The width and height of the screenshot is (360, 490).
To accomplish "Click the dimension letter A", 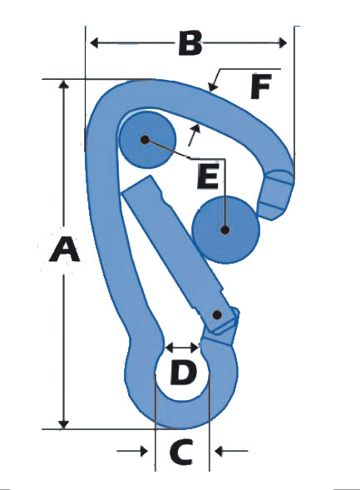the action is click(65, 250).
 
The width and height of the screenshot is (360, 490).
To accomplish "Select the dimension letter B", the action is click(190, 42).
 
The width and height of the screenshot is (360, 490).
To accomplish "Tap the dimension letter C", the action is click(181, 451).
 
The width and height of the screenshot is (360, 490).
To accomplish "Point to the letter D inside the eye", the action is click(184, 372).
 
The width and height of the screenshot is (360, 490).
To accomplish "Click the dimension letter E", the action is click(208, 177).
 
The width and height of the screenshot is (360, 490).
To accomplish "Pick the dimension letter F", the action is click(261, 87).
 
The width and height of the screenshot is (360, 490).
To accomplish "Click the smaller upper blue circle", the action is click(148, 140).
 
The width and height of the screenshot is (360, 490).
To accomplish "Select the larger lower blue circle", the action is click(225, 230).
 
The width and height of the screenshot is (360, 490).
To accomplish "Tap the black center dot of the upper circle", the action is click(145, 140).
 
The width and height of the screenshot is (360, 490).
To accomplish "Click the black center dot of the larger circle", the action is click(224, 230).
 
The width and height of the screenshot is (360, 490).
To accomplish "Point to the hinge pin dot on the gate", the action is click(217, 314).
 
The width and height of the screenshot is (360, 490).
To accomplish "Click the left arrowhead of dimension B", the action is click(94, 42).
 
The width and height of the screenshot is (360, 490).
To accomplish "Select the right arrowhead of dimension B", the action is click(283, 42).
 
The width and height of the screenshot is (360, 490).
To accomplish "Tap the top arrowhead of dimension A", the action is click(64, 85).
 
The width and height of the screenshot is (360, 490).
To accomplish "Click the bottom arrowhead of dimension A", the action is click(64, 424).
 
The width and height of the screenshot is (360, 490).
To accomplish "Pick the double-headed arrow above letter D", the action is click(182, 347).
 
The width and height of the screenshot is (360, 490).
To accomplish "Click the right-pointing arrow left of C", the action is click(132, 451).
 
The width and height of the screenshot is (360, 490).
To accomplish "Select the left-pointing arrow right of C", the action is click(231, 451).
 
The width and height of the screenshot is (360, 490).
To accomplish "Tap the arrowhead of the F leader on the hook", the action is click(213, 87).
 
